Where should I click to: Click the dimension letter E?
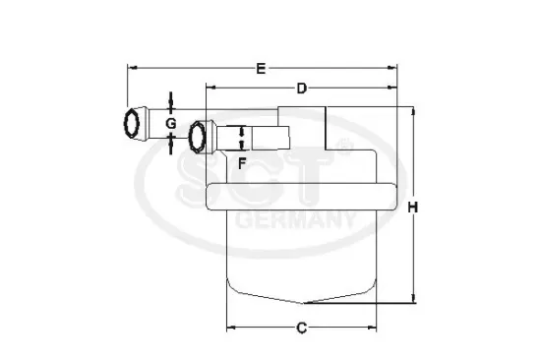(260, 68)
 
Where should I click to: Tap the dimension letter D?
(302, 89)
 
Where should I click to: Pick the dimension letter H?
(414, 208)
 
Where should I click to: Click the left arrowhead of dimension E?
(132, 68)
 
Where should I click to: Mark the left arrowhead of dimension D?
(210, 89)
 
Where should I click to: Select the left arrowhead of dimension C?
(231, 327)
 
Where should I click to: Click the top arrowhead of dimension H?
(414, 112)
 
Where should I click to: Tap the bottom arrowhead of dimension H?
(414, 301)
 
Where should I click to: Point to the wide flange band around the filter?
(301, 195)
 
